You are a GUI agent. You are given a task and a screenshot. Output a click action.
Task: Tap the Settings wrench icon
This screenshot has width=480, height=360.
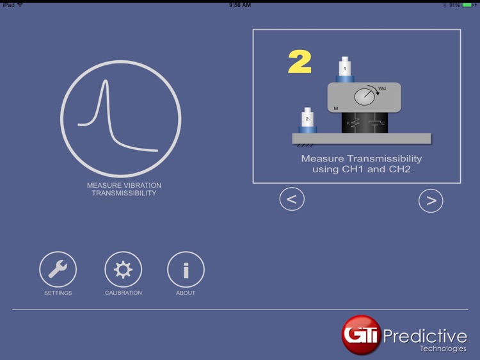[x=58, y=270]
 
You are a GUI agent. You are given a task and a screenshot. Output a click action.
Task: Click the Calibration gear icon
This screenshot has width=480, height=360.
[x=123, y=270]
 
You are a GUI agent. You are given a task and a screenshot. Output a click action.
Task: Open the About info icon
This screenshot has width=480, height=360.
[x=186, y=270]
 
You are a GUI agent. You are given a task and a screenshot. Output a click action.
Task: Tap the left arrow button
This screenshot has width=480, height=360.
[x=292, y=199]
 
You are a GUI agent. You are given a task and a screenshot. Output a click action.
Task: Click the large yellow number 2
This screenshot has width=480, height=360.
[x=300, y=62]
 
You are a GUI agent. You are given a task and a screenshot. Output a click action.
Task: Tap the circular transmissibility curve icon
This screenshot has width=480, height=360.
[x=121, y=119]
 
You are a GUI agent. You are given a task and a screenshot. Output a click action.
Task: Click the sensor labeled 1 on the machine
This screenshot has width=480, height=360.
[x=345, y=69]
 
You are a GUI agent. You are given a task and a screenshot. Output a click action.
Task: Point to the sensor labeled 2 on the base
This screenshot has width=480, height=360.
[x=307, y=120]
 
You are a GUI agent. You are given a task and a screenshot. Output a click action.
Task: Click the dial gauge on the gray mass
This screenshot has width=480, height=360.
[x=365, y=97]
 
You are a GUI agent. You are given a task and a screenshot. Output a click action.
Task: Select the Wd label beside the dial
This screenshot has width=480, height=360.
[x=382, y=88]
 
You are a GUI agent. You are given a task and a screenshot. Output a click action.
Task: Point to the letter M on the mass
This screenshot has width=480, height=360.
[x=336, y=108]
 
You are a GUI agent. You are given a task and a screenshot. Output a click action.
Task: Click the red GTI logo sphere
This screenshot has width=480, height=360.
[x=361, y=334]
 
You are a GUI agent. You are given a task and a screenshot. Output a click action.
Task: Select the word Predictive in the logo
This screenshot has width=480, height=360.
[x=425, y=336]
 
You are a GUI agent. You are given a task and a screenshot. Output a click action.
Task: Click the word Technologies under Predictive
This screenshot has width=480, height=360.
[x=443, y=349]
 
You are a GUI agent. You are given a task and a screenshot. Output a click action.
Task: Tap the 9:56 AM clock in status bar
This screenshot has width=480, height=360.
[x=240, y=4]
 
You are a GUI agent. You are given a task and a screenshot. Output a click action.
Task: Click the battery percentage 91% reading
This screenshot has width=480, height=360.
[x=454, y=4]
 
